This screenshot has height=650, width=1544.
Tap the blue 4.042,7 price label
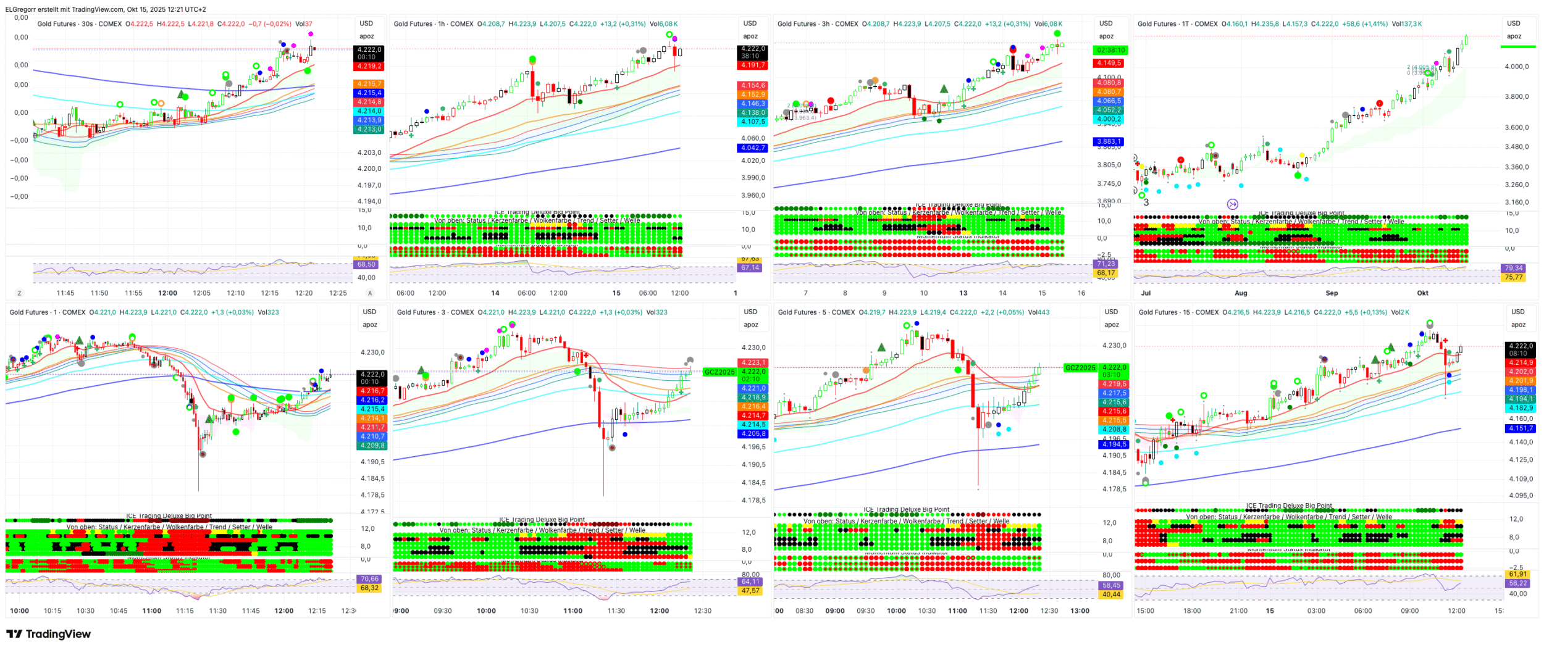753,148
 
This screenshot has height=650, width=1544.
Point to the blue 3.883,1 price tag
1109,142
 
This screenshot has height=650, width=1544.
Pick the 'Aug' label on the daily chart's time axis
1240,293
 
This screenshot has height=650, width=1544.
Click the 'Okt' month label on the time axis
1422,293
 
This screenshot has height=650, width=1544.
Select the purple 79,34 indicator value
1513,269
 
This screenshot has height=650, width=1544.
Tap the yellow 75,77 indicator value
1513,278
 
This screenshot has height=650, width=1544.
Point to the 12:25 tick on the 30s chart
338,293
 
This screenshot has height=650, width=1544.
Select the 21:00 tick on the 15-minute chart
1238,611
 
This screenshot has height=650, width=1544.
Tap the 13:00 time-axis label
1080,611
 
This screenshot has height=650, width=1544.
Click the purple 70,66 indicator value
369,579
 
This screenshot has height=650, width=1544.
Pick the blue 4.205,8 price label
753,434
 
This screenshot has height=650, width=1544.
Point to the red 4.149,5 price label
1109,63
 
